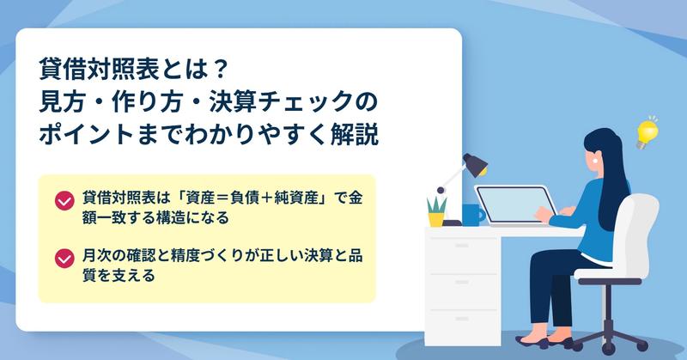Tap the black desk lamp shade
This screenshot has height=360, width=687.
476,164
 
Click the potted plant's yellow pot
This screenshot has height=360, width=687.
436,219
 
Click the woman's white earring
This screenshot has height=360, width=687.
594,160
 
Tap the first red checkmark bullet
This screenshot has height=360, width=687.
64,201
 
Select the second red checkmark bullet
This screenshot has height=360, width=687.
64,259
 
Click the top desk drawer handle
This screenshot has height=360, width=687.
462,246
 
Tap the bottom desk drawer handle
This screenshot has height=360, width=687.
462,319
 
